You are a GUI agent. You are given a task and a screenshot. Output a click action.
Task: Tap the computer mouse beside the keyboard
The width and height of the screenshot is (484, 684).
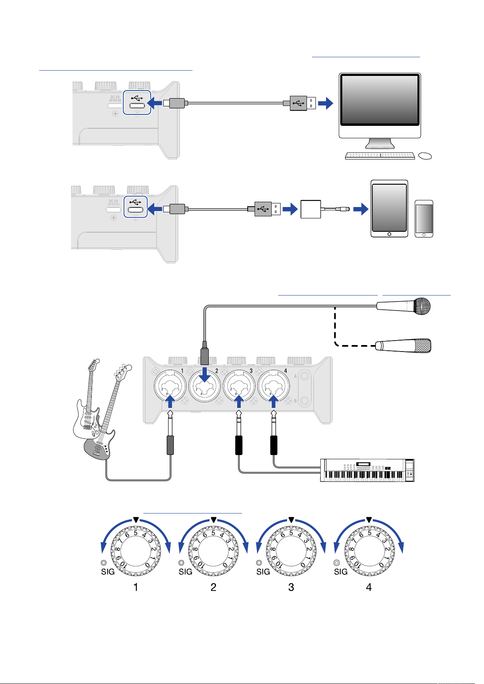[x=425, y=156]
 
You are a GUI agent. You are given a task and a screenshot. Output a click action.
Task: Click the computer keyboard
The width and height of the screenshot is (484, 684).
[x=380, y=156]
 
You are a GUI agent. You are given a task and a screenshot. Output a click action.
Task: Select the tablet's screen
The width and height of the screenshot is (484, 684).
[x=389, y=208]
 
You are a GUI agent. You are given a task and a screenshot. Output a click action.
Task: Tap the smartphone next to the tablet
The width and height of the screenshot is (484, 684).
[x=424, y=219]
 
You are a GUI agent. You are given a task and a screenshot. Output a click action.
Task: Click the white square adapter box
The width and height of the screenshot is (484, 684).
[x=311, y=209]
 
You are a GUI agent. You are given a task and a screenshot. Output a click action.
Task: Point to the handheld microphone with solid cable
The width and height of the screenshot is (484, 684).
[x=403, y=306]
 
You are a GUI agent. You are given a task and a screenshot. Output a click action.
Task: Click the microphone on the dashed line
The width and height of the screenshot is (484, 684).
[x=403, y=346]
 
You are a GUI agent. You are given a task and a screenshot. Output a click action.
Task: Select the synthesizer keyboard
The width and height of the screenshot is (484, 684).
[x=367, y=470]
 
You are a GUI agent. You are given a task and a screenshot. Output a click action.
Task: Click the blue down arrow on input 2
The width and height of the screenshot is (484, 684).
[x=204, y=374]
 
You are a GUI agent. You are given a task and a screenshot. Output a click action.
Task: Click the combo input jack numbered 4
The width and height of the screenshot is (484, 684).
[x=273, y=386]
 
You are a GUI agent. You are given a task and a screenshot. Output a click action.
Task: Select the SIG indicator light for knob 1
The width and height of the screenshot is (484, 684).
[x=104, y=563]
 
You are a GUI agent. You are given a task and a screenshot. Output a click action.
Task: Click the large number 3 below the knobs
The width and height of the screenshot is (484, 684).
[x=291, y=587]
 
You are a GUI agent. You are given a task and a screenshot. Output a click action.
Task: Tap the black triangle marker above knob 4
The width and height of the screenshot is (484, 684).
[x=369, y=520]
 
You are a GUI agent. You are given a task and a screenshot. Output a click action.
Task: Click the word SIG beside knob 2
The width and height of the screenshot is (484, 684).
[x=185, y=572]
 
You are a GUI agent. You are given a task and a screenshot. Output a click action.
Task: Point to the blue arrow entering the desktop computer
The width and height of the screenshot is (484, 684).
[x=326, y=103]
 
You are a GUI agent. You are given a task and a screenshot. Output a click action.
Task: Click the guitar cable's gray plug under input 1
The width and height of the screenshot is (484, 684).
[x=171, y=445]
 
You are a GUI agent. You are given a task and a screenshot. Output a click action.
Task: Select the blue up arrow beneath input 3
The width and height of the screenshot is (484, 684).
[x=239, y=401]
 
